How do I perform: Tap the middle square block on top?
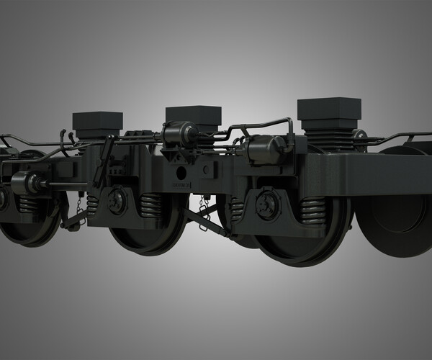193,115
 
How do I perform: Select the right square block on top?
329,109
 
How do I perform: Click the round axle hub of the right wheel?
268,204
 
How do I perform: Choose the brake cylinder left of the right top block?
264,149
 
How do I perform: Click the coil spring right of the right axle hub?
314,211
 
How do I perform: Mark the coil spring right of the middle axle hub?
150,206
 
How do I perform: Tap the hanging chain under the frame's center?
204,212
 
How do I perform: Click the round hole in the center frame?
181,174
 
